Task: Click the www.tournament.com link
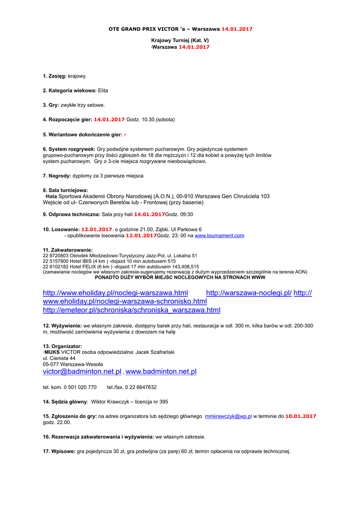pos(219,236)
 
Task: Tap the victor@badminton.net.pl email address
pos(82,372)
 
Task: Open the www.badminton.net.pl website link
pos(161,372)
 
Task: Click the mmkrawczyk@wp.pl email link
pos(228,416)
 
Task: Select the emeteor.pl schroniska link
pos(131,310)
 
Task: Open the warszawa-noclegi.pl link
pos(249,293)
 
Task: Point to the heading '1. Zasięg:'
pos(55,76)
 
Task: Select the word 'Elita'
pos(103,90)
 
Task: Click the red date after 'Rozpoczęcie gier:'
pos(109,120)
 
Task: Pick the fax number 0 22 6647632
pos(141,387)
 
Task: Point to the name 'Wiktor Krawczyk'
pos(112,402)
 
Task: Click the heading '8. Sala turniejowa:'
pos(65,190)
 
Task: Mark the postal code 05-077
pos(51,364)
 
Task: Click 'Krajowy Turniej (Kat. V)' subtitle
pos(180,39)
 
